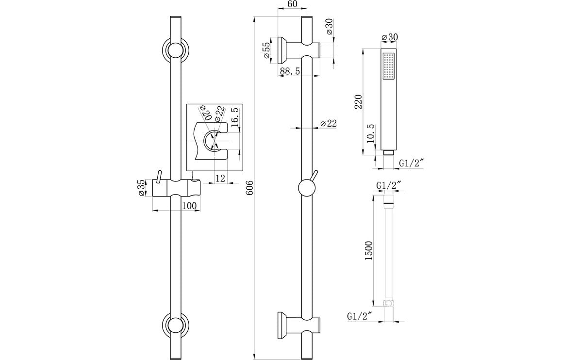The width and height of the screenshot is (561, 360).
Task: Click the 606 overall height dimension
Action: click(249, 188)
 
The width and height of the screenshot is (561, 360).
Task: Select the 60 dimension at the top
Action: click(292, 5)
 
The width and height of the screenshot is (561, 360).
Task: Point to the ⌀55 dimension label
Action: click(266, 50)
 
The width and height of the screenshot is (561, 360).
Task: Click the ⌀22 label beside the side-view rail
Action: click(329, 124)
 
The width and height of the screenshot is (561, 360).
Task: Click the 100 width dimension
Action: click(189, 206)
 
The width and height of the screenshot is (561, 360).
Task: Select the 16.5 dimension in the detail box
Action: click(235, 117)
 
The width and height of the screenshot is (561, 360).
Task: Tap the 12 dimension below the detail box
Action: click(220, 178)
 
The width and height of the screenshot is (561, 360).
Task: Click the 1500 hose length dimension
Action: click(369, 251)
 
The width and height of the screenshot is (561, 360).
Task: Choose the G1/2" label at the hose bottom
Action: click(360, 316)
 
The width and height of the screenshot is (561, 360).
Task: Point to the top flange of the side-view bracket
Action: click(281, 50)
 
